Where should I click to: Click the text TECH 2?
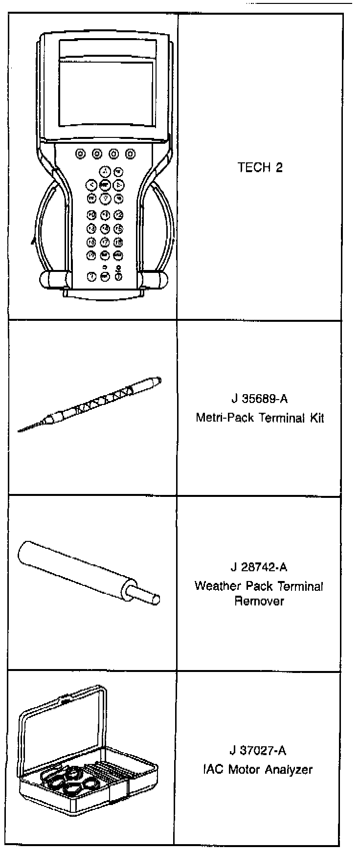click(x=260, y=168)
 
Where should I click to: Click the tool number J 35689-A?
click(x=259, y=399)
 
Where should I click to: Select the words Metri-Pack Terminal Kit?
click(x=259, y=418)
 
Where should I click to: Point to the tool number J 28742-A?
click(x=259, y=567)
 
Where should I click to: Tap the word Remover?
click(x=259, y=601)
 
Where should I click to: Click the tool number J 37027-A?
click(x=258, y=750)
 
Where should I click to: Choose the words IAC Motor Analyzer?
click(x=258, y=769)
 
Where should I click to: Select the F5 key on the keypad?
click(x=118, y=228)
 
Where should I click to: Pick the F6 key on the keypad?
click(x=91, y=242)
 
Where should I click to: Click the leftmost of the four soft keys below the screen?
click(x=80, y=154)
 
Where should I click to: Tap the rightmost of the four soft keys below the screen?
click(x=130, y=154)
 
